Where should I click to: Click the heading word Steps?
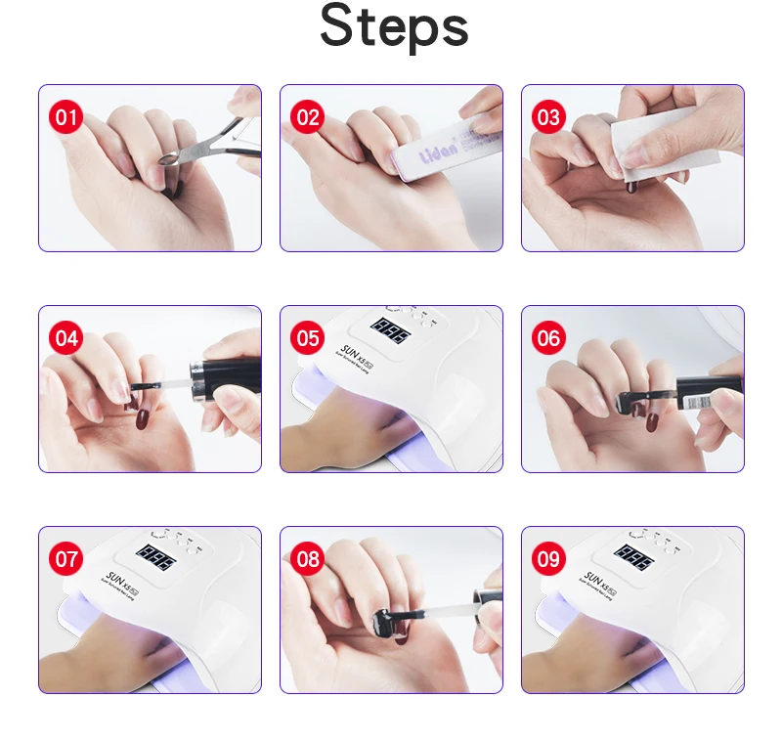click(x=394, y=27)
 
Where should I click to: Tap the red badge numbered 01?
click(x=67, y=118)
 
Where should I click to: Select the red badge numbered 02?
click(x=308, y=118)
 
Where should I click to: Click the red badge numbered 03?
click(x=548, y=118)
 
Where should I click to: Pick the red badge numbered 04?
click(x=67, y=339)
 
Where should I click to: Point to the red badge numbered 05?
click(x=308, y=339)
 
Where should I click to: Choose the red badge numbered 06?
click(x=548, y=339)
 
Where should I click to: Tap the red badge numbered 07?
click(x=67, y=560)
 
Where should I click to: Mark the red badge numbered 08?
click(x=308, y=560)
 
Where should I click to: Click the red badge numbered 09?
click(x=548, y=560)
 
